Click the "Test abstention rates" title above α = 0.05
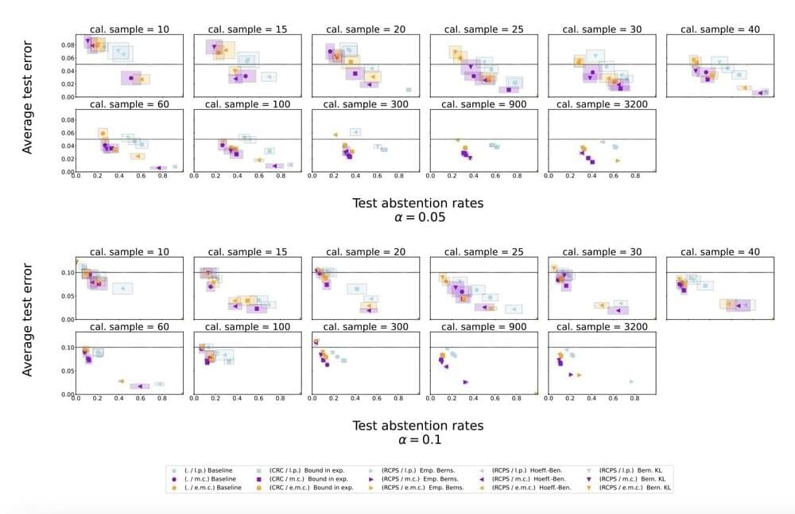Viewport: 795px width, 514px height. [417, 203]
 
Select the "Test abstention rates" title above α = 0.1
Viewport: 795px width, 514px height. [417, 426]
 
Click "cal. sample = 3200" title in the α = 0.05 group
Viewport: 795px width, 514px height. [602, 104]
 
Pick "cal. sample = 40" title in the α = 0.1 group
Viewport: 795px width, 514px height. [719, 252]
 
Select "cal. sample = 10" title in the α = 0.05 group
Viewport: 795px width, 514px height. [130, 29]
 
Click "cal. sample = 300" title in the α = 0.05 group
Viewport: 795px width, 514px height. [366, 104]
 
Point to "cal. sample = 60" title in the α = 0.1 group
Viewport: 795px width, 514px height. [130, 327]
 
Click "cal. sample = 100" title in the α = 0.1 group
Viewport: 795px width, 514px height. [247, 327]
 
